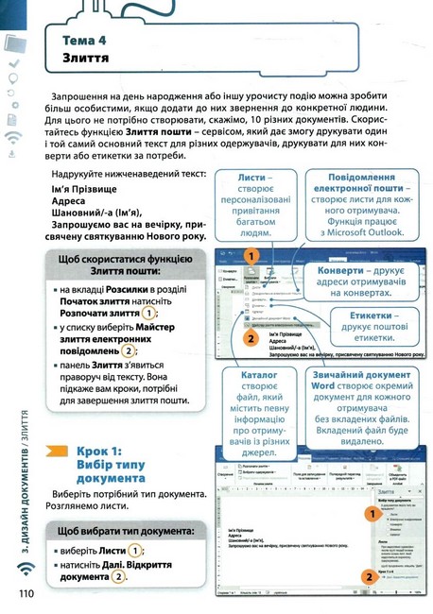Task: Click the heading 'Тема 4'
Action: pyautogui.click(x=89, y=41)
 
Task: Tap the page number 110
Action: pyautogui.click(x=26, y=593)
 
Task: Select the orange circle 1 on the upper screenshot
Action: pyautogui.click(x=251, y=256)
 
